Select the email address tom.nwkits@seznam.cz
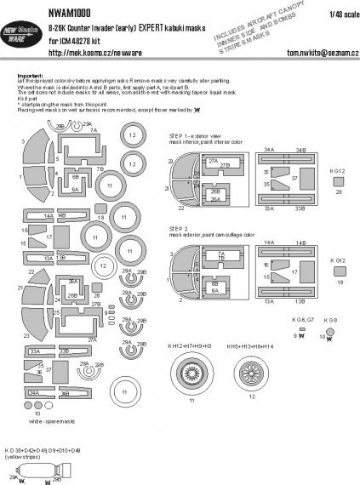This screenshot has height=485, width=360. tap(308, 48)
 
